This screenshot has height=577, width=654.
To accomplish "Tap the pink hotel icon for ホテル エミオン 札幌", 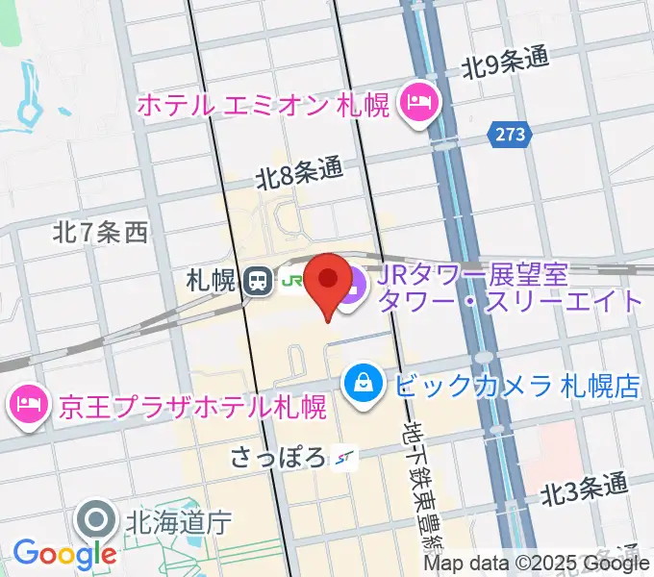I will click(419, 101).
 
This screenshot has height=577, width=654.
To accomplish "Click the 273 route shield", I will click(511, 135).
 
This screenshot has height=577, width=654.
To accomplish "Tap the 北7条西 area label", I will click(101, 232).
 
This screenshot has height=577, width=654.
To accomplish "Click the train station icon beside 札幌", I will click(257, 282).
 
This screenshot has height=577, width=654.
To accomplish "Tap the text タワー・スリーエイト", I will click(510, 300).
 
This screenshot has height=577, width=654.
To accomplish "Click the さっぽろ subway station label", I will click(280, 459).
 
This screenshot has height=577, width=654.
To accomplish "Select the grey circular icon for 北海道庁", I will click(98, 522).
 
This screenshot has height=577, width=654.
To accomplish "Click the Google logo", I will click(64, 553).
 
